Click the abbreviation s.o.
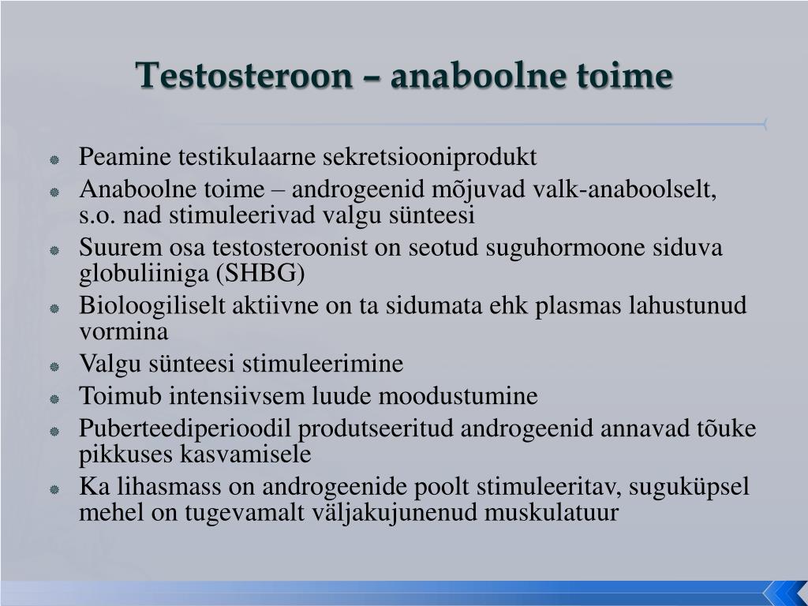pyautogui.click(x=95, y=215)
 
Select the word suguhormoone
pyautogui.click(x=536, y=248)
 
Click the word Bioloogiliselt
pyautogui.click(x=153, y=306)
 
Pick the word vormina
pyautogui.click(x=124, y=331)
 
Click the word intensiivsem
pyautogui.click(x=237, y=396)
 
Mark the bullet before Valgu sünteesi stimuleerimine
pyautogui.click(x=54, y=366)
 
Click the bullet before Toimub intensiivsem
pyautogui.click(x=54, y=398)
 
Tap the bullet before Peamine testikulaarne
pyautogui.click(x=54, y=159)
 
